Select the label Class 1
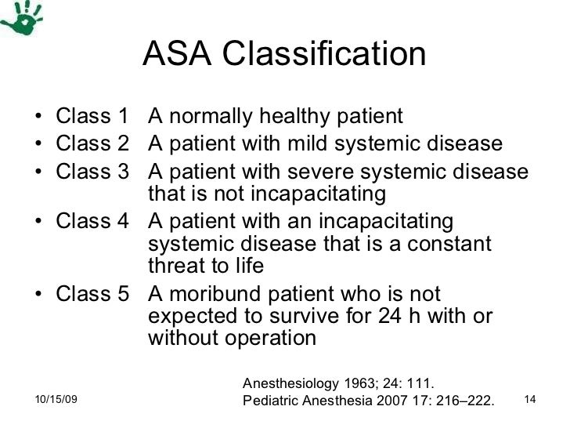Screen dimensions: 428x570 (92, 118)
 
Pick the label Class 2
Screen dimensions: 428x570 (92, 145)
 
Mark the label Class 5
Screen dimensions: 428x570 (92, 295)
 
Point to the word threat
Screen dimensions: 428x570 (179, 267)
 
